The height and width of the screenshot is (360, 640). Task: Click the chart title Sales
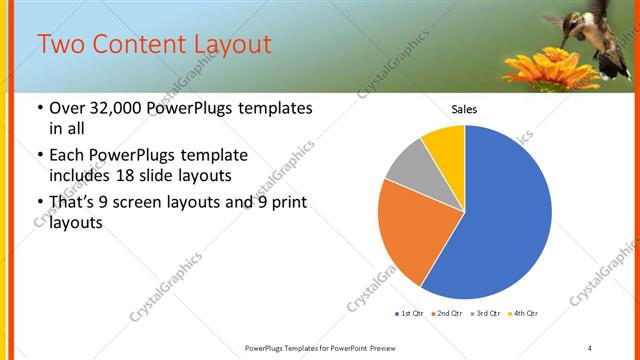[x=464, y=108]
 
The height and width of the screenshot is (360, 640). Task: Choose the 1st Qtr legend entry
[x=410, y=314]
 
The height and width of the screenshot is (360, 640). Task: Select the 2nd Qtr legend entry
[x=446, y=314]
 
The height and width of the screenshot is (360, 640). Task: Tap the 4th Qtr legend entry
[x=522, y=314]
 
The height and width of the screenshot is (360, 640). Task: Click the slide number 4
[x=590, y=347]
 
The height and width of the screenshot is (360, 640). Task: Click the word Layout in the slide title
[x=231, y=45]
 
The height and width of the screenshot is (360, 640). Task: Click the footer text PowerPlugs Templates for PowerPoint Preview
[x=319, y=347]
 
